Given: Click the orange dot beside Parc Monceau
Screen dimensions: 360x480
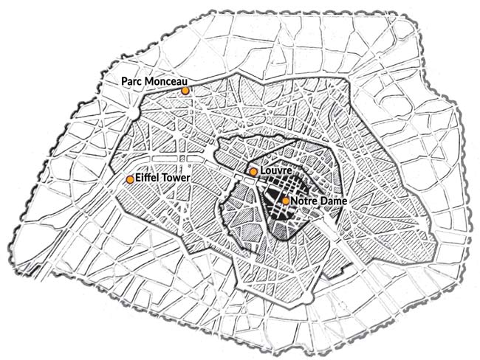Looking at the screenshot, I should [185, 90].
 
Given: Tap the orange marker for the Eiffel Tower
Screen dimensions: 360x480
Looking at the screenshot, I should [130, 179].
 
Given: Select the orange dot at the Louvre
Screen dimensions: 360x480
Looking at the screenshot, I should [253, 172].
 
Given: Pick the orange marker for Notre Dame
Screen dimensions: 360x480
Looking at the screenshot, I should [286, 200].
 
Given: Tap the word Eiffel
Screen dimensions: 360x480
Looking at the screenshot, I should [148, 179].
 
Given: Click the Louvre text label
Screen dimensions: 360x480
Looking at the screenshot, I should [275, 171].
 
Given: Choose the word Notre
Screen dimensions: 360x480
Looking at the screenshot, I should [304, 200].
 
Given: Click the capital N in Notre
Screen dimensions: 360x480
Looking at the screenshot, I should [294, 200].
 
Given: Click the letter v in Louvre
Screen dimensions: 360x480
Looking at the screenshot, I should [279, 172].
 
